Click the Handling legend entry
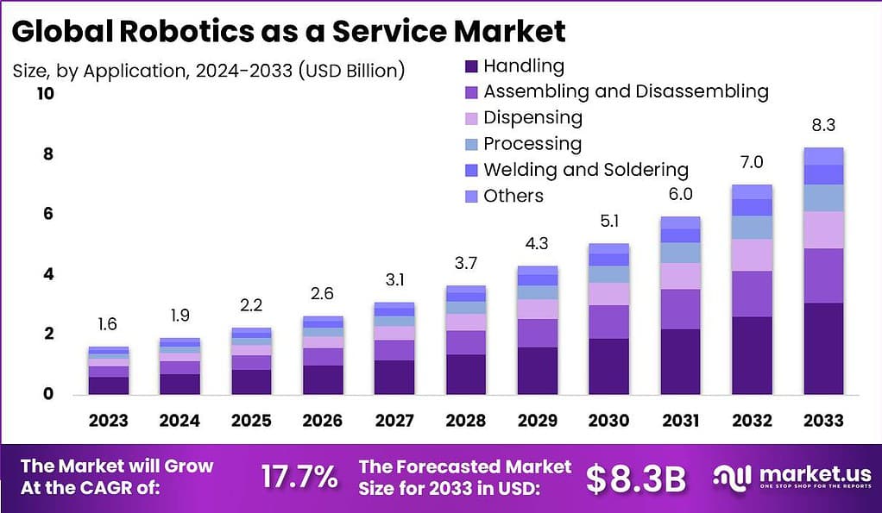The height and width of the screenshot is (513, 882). pyautogui.click(x=523, y=66)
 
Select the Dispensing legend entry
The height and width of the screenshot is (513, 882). pyautogui.click(x=532, y=117)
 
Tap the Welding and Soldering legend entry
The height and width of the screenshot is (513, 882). pyautogui.click(x=585, y=169)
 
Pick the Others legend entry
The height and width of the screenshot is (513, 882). pyautogui.click(x=513, y=196)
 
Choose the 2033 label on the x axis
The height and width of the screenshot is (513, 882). pyautogui.click(x=822, y=421)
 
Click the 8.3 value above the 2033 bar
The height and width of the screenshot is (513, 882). pyautogui.click(x=822, y=126)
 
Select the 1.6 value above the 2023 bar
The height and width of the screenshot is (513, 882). pyautogui.click(x=108, y=325)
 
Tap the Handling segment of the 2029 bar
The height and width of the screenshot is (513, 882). pyautogui.click(x=538, y=371)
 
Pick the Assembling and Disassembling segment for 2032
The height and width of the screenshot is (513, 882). pyautogui.click(x=752, y=294)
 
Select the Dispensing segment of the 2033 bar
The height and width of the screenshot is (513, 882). pyautogui.click(x=822, y=230)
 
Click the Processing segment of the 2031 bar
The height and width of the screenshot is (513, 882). pyautogui.click(x=681, y=253)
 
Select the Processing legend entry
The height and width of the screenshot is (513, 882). pyautogui.click(x=532, y=143)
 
